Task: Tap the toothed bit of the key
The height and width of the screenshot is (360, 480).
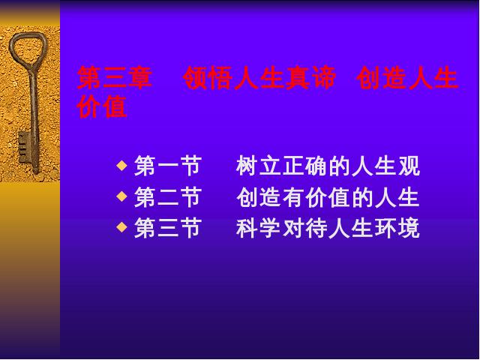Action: [24, 147]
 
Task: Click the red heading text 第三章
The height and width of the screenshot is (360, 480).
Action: [115, 78]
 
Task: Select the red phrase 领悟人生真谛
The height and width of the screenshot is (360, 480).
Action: [259, 78]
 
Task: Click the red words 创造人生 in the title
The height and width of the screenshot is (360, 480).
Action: [407, 78]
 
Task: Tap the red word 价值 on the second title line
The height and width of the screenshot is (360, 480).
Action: [102, 106]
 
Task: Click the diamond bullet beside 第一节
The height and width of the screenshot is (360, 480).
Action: [121, 166]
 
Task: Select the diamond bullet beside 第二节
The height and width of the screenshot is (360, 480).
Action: [121, 196]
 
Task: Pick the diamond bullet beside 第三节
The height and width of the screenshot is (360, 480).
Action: [121, 227]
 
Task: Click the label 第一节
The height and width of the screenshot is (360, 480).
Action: [168, 166]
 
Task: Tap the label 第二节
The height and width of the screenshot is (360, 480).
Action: [168, 197]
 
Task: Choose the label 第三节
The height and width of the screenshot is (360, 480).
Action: [168, 228]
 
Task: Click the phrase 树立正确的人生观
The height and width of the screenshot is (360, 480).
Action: [328, 166]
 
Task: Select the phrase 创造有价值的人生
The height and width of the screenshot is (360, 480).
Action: [328, 197]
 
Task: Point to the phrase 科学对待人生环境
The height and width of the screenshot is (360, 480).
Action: [328, 228]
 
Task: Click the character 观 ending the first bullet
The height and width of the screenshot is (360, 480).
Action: [409, 166]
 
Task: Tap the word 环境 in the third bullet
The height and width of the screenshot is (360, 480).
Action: [397, 228]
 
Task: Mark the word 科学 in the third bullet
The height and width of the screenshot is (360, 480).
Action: [258, 228]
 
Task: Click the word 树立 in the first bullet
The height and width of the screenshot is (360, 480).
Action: [258, 166]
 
